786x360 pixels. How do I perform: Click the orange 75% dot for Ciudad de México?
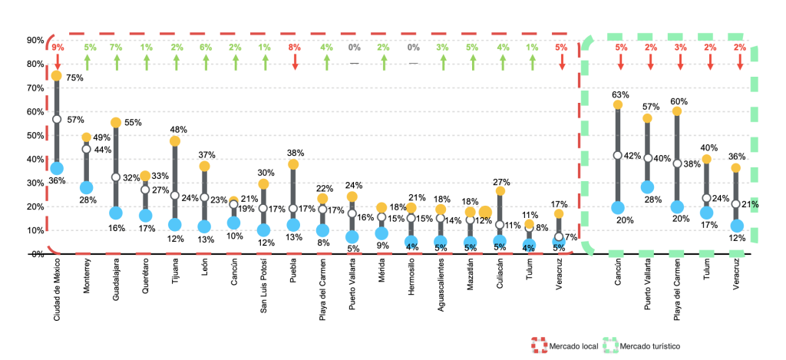tap(57, 75)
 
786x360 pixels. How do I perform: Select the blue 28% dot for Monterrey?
tap(86, 187)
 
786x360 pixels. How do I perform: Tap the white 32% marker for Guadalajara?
tap(116, 177)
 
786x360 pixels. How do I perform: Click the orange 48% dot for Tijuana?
tap(175, 140)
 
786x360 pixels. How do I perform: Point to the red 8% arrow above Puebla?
tap(294, 61)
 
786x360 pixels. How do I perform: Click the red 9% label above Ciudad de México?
tap(57, 48)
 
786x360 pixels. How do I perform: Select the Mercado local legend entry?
tap(569, 347)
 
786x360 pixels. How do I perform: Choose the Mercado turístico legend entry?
tap(641, 347)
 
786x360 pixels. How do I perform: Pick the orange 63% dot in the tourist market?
tap(617, 104)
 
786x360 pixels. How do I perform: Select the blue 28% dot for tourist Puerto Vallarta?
tap(647, 187)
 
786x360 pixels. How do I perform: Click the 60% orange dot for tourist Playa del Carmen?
tap(676, 111)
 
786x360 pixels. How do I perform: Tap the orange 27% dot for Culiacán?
tap(500, 190)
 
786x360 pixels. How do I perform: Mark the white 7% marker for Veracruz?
tap(560, 237)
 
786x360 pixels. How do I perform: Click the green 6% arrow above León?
tap(205, 61)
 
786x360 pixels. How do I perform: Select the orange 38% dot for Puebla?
tap(294, 164)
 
